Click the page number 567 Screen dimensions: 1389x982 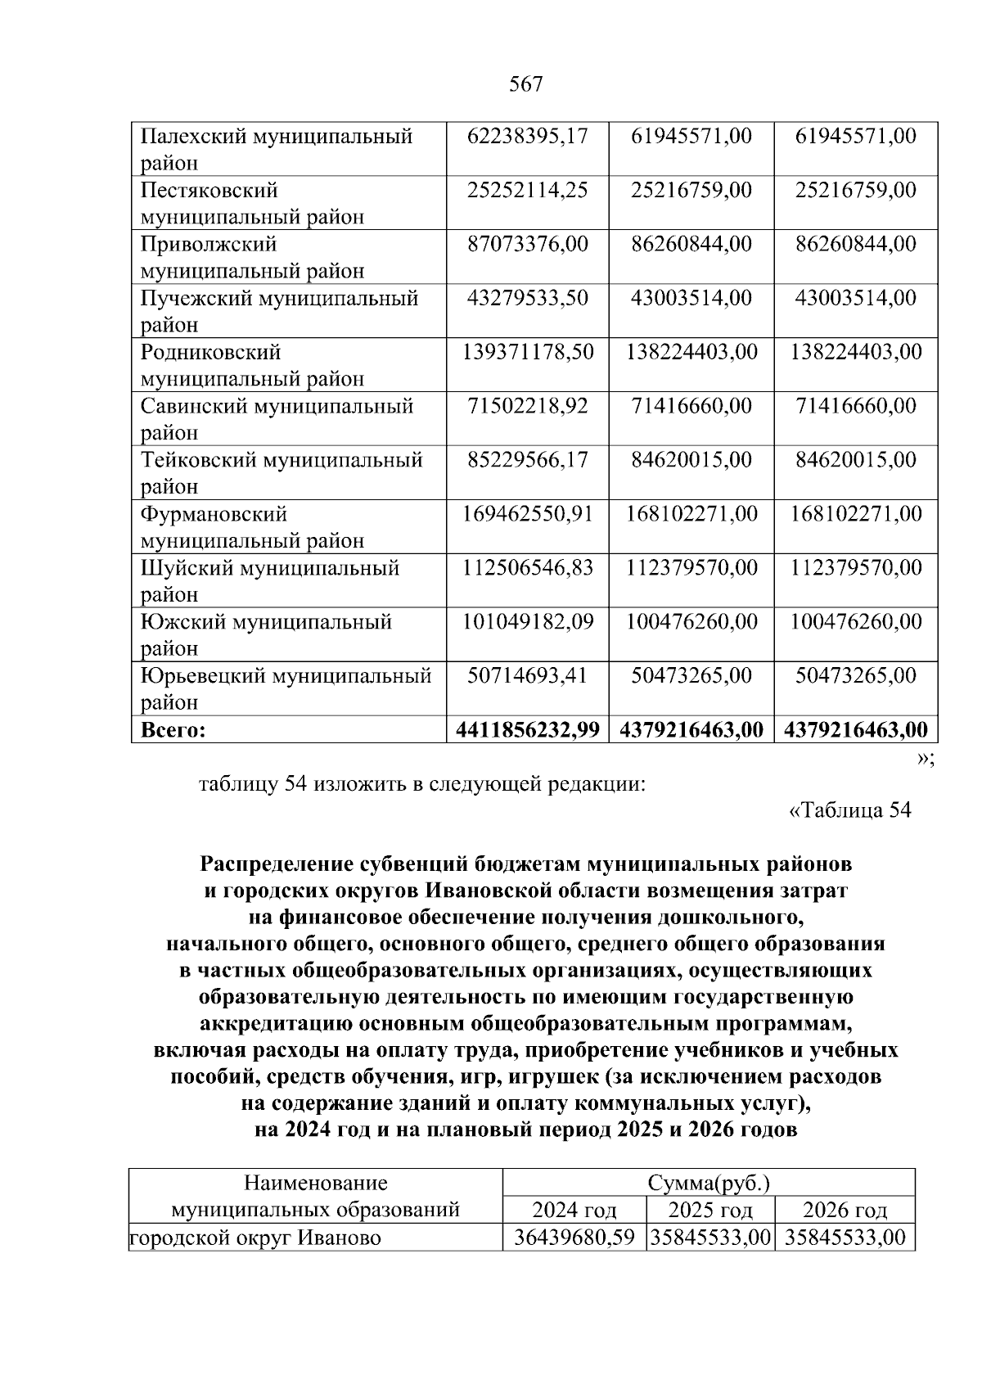coord(526,84)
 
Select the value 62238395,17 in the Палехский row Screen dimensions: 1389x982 coord(528,136)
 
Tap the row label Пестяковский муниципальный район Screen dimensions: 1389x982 coord(252,203)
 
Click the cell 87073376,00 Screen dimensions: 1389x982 coord(528,244)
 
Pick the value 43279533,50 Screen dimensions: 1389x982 coord(528,298)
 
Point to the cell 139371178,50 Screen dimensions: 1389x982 coord(528,352)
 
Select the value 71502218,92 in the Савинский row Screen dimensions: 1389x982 coord(528,406)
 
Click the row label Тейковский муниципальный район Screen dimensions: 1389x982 coord(282,472)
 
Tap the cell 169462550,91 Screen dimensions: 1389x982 coord(528,514)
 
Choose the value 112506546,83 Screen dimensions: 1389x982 coord(528,568)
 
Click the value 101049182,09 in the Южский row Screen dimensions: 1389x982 coord(528,622)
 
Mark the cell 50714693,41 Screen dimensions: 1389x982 coord(528,676)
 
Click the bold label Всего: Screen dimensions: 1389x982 coord(173,729)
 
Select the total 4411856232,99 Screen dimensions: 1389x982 coord(528,729)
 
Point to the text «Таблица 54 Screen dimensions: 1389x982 coord(849,810)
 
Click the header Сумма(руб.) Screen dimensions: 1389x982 coord(708,1183)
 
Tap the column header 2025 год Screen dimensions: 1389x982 coord(710,1210)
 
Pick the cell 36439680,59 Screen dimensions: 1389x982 coord(574,1237)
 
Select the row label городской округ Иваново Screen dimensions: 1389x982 coord(256,1237)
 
